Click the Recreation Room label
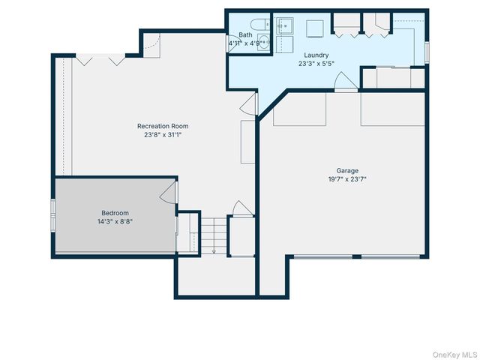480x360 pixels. click(163, 126)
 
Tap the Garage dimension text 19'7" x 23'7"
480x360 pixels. click(346, 179)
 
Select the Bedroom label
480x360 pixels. click(115, 212)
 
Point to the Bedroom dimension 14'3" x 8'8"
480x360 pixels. click(115, 221)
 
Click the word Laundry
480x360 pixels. click(316, 55)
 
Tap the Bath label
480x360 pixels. click(245, 35)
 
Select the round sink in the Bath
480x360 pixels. click(265, 42)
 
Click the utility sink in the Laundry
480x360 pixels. click(285, 27)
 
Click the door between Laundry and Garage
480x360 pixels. click(344, 82)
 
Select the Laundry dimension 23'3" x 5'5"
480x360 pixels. click(316, 64)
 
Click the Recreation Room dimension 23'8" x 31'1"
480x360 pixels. click(163, 135)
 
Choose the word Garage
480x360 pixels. click(346, 170)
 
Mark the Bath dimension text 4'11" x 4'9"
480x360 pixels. click(245, 43)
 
